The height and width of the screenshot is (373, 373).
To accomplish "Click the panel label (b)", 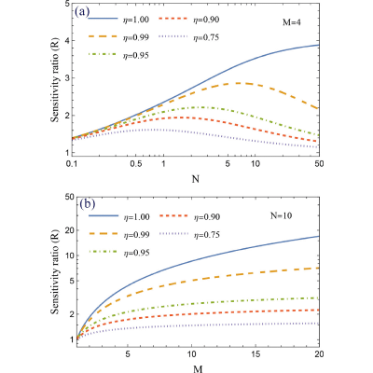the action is pyautogui.click(x=88, y=204).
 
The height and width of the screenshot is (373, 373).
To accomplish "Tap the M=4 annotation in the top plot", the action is pyautogui.click(x=291, y=22).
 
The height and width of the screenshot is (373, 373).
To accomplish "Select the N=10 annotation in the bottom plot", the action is pyautogui.click(x=281, y=215).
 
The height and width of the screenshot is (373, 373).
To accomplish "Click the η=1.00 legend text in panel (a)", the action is pyautogui.click(x=135, y=20).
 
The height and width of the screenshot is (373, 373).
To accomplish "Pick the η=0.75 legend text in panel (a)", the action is pyautogui.click(x=206, y=37).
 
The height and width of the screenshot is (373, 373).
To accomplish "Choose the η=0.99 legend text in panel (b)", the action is pyautogui.click(x=135, y=235).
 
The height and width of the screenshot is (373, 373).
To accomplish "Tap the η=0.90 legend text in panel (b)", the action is pyautogui.click(x=207, y=216).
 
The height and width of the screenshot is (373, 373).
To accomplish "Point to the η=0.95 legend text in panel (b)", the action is pyautogui.click(x=135, y=253).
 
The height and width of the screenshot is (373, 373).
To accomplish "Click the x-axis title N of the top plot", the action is pyautogui.click(x=196, y=179).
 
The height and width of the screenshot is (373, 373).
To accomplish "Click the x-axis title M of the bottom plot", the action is pyautogui.click(x=198, y=369).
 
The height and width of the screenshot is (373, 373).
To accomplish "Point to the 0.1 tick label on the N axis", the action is pyautogui.click(x=72, y=164).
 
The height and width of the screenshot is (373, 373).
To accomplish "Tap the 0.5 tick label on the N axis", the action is pyautogui.click(x=136, y=164).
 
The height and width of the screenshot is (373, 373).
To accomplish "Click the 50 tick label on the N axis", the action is pyautogui.click(x=319, y=164).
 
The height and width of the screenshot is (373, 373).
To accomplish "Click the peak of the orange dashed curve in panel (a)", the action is pyautogui.click(x=239, y=83).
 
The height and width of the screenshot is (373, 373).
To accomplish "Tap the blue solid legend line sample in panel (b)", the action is pyautogui.click(x=104, y=215).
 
